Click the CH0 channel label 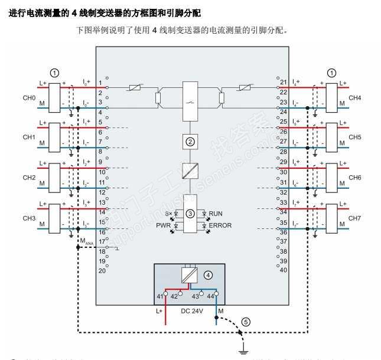(x=29, y=97)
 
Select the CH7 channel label (x=354, y=218)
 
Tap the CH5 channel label (x=354, y=137)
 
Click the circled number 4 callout (x=208, y=275)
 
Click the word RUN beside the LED (x=216, y=212)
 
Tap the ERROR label (x=220, y=225)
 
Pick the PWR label (x=163, y=225)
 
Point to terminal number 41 (x=159, y=296)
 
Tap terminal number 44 (x=211, y=296)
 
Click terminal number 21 (x=284, y=82)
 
